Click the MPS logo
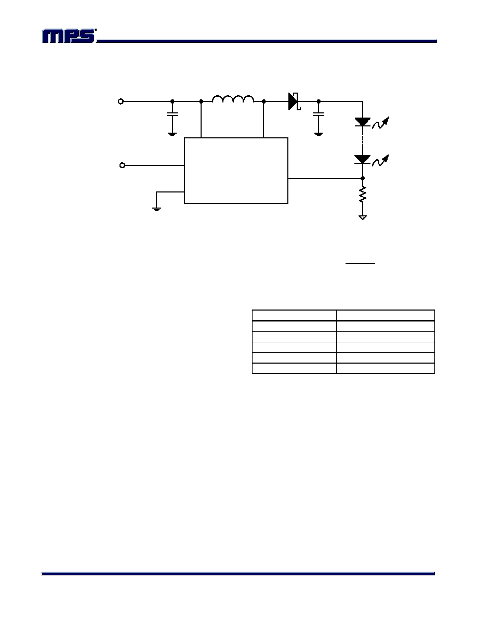[69, 36]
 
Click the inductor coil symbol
[233, 98]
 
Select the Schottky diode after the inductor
[295, 101]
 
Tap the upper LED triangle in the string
[363, 122]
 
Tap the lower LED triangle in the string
[363, 159]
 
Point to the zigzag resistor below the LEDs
[363, 195]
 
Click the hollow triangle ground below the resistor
[363, 217]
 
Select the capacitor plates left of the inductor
[172, 114]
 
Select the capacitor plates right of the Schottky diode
[319, 114]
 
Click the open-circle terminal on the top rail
[121, 101]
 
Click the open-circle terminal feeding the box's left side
[122, 165]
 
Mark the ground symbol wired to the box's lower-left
[156, 209]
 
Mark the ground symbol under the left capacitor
[172, 134]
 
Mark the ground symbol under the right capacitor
[319, 134]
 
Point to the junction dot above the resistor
[363, 178]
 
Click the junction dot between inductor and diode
[263, 101]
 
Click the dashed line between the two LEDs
[363, 140]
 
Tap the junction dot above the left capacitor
[172, 101]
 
